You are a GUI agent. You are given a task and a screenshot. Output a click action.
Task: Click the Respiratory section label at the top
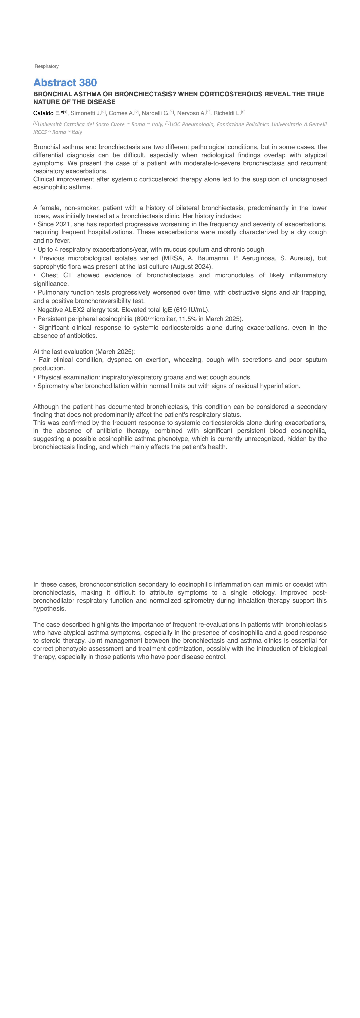[47, 66]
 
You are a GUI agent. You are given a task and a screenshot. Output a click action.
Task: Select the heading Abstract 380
[65, 83]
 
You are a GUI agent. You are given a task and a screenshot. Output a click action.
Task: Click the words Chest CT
[56, 275]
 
